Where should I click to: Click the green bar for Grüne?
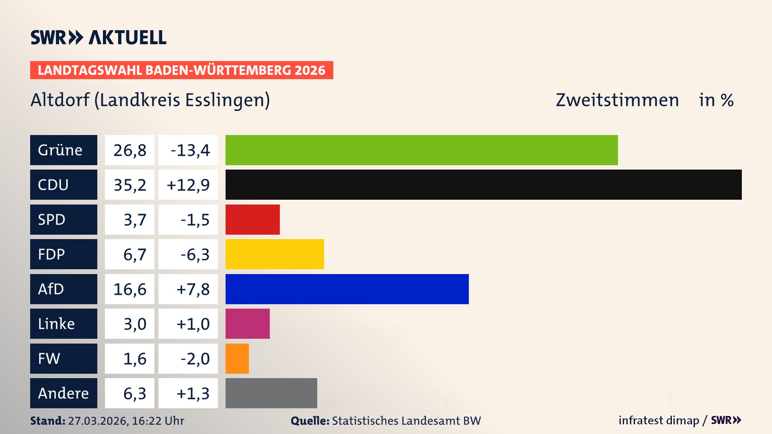click(421, 150)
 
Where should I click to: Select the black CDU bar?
click(483, 184)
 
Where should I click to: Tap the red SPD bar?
click(253, 219)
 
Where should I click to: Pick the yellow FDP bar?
click(275, 254)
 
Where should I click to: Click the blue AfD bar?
click(347, 289)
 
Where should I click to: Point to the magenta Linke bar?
click(247, 323)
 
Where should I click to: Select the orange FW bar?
click(237, 358)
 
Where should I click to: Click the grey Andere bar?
click(271, 393)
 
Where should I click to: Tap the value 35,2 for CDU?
click(129, 185)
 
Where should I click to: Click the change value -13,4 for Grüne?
click(190, 150)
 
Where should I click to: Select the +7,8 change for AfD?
click(193, 289)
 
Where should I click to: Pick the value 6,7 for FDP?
click(135, 254)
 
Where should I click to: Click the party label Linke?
click(56, 324)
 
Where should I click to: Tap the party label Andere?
click(63, 393)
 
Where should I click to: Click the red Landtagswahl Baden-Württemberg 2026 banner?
click(181, 70)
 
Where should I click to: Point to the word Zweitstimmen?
click(617, 100)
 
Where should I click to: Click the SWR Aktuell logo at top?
click(98, 37)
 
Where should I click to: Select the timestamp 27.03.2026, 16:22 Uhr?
click(126, 421)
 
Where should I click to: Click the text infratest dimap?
click(659, 420)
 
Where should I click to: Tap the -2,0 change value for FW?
click(195, 359)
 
